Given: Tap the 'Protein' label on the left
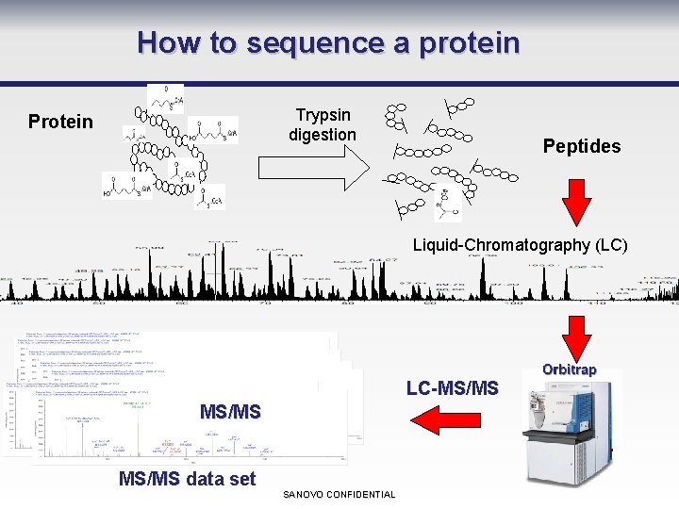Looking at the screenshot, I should pyautogui.click(x=60, y=122).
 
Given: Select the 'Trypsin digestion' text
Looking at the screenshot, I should pyautogui.click(x=323, y=124).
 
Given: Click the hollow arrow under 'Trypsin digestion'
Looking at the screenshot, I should pyautogui.click(x=314, y=168).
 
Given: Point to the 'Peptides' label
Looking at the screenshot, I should pyautogui.click(x=582, y=146).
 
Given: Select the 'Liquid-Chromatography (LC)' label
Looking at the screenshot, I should pyautogui.click(x=520, y=245).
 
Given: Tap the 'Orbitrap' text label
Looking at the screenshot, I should pyautogui.click(x=569, y=369).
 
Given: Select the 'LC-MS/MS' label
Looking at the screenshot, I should pyautogui.click(x=452, y=387).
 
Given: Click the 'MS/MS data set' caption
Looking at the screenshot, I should pyautogui.click(x=187, y=479).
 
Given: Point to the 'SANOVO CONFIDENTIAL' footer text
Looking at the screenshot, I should pyautogui.click(x=339, y=495).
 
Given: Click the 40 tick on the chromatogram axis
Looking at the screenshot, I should pyautogui.click(x=15, y=302).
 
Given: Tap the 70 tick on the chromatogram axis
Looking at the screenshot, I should pyautogui.click(x=265, y=302).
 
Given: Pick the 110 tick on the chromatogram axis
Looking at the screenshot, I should pyautogui.click(x=598, y=302).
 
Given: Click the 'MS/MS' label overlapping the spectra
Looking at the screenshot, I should pyautogui.click(x=230, y=412).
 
